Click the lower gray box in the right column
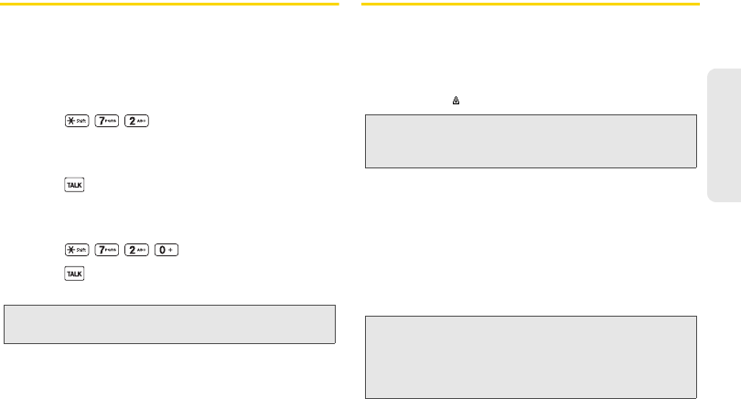(531, 358)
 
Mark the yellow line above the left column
(170, 5)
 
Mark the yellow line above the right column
(531, 5)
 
